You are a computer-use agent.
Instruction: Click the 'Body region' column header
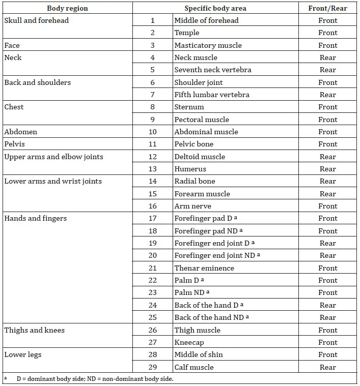67,8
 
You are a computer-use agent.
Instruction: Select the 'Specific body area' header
215,8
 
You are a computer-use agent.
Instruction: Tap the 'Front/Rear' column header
327,8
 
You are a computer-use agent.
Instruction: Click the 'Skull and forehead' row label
36,20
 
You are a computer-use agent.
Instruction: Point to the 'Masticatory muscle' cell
208,45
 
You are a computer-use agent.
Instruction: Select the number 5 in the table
152,70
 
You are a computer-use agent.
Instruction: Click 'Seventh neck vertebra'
212,70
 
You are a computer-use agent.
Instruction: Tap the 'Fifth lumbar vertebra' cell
211,95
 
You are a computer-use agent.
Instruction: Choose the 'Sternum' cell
189,107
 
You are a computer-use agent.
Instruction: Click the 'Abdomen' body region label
20,132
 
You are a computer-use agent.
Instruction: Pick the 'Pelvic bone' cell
193,144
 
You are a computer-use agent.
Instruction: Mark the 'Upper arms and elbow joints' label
53,157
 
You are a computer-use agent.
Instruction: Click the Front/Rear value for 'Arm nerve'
327,206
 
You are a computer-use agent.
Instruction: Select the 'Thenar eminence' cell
204,268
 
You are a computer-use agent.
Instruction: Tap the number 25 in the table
152,317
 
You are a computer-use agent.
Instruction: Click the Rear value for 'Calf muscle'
327,367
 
